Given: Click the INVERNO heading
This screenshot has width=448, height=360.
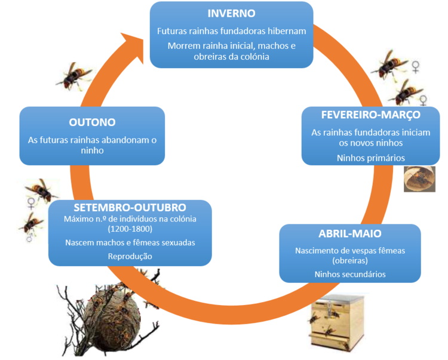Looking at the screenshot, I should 231,13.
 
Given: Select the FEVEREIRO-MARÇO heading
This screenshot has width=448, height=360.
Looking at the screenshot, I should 361,114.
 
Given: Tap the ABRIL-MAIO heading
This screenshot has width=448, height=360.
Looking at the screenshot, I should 349,233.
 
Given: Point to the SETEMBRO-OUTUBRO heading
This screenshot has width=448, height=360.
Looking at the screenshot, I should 130,207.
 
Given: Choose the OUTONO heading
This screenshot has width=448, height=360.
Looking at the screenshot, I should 92,122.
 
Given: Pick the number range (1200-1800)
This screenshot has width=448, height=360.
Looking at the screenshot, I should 130,229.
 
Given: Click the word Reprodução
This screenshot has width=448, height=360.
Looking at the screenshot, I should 130,256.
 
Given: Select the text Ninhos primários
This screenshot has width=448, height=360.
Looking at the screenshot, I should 362,158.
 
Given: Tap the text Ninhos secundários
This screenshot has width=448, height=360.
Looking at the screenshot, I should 350,274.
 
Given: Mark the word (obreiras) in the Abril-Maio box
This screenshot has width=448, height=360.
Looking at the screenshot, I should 350,260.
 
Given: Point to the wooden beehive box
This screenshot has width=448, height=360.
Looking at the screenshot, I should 337,322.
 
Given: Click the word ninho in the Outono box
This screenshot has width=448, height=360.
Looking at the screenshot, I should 92,151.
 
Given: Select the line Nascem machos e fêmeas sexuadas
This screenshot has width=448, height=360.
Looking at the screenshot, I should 130,242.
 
